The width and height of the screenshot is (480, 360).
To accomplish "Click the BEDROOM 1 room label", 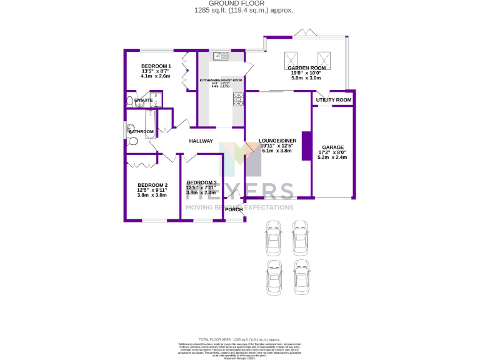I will tap(156, 66).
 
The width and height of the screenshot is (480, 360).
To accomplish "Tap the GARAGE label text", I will tap(332, 147).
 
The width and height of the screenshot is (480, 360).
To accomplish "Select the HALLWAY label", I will tap(201, 141).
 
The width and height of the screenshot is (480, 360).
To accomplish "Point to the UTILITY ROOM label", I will tap(333, 100).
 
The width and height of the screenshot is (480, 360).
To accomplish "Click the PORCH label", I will tap(234, 209).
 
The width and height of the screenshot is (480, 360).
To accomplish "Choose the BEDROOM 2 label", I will tap(152, 185).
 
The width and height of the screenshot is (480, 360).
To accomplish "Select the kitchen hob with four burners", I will tap(238, 99).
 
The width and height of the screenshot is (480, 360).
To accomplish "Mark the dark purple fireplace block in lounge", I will tap(306, 146).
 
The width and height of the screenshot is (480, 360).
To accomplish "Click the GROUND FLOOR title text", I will tap(240, 4).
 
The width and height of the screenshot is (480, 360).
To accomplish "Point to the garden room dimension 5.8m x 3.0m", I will tap(306, 78).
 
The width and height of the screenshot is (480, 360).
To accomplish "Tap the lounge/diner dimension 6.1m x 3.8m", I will tap(277, 151).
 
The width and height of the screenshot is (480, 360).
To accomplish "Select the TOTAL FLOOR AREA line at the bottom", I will tap(240, 337).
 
